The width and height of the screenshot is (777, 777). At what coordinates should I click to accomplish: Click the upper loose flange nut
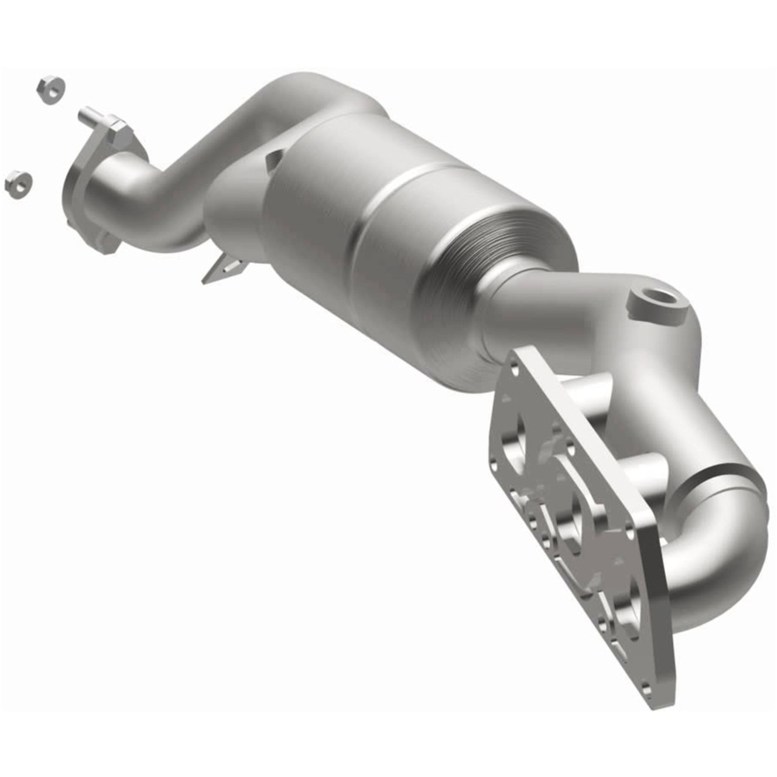pyautogui.click(x=51, y=90)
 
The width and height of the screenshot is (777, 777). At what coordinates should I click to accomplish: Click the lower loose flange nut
pyautogui.click(x=18, y=183)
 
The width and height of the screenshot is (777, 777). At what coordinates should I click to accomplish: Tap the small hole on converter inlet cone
pyautogui.click(x=274, y=159)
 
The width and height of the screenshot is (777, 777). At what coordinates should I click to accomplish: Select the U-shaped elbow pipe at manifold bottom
pyautogui.click(x=716, y=546)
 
